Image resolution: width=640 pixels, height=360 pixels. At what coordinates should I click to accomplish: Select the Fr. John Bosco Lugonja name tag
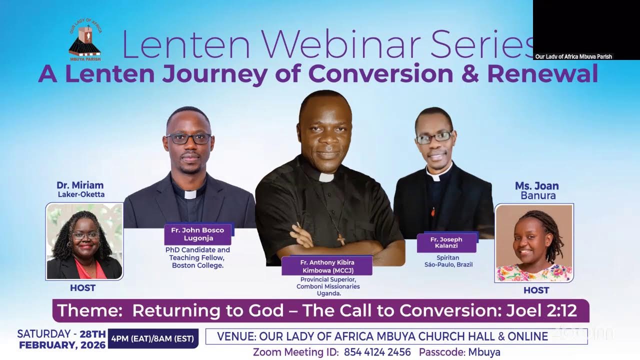[x=197, y=234]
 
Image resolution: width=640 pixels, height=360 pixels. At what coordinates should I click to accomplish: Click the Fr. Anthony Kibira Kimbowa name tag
[x=327, y=266]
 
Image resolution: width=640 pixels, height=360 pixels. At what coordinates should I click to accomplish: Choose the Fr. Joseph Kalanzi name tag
[x=446, y=242]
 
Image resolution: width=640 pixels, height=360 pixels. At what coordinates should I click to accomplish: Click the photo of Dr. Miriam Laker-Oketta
[x=84, y=241]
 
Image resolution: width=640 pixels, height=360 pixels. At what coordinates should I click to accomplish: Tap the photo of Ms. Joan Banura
[x=533, y=243]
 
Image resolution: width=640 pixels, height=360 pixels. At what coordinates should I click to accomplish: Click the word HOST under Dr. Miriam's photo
[x=83, y=288]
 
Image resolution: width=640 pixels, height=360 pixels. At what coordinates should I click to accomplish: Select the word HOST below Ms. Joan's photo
[x=536, y=290]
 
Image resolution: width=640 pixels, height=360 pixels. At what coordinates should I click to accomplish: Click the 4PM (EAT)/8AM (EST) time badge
[x=153, y=338]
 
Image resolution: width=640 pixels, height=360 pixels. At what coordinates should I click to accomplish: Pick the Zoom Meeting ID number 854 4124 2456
[x=377, y=352]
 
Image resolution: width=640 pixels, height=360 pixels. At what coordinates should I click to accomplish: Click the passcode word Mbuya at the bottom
[x=484, y=352]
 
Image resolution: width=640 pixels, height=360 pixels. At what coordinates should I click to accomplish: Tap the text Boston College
[x=197, y=265]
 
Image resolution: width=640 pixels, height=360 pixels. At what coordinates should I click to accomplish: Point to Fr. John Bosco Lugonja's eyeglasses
[x=188, y=138]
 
